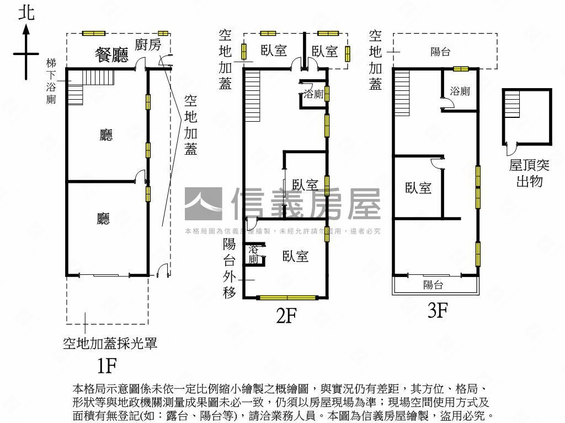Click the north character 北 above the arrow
click(x=26, y=13)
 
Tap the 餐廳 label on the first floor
click(x=111, y=55)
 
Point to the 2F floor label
click(x=286, y=315)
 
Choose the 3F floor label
click(x=436, y=311)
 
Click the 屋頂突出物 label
click(x=529, y=172)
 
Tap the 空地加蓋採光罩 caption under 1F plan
click(x=110, y=344)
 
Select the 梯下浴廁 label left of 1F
click(x=51, y=82)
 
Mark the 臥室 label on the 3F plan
click(x=418, y=188)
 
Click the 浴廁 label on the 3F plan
click(x=460, y=91)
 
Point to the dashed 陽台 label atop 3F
click(x=440, y=52)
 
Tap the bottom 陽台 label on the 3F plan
click(x=433, y=285)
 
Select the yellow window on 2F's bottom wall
click(x=288, y=298)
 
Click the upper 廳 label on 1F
click(x=106, y=135)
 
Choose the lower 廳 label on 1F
click(x=103, y=219)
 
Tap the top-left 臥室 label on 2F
click(x=274, y=51)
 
